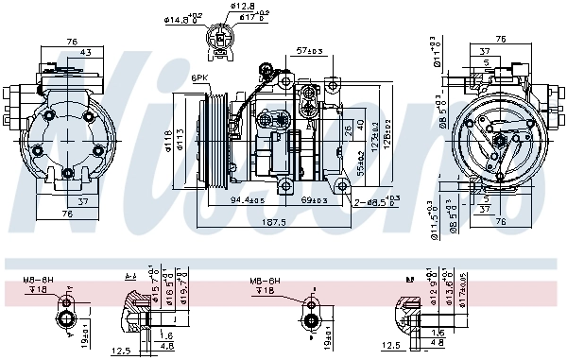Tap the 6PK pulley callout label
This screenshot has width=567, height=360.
pyautogui.click(x=199, y=78)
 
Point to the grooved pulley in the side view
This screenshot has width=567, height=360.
pyautogui.click(x=214, y=137)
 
